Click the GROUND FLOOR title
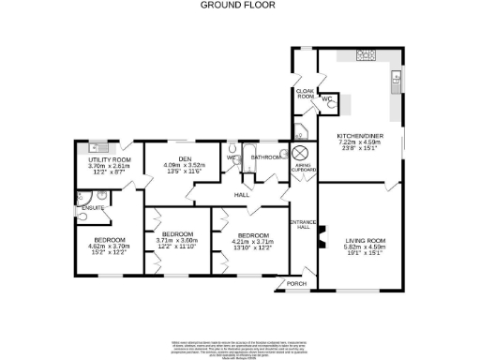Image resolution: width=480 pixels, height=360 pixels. tap(239, 5)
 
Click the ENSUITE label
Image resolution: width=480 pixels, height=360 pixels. tap(92, 206)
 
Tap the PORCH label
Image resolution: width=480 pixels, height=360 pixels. tap(296, 282)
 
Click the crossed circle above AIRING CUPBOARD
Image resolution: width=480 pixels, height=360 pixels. tap(302, 154)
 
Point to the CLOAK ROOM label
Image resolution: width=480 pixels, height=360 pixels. tap(305, 94)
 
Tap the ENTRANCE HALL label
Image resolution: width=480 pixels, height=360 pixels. tap(303, 225)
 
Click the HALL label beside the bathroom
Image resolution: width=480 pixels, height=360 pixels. tap(241, 195)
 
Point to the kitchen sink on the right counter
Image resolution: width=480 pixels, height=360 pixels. tap(397, 82)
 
